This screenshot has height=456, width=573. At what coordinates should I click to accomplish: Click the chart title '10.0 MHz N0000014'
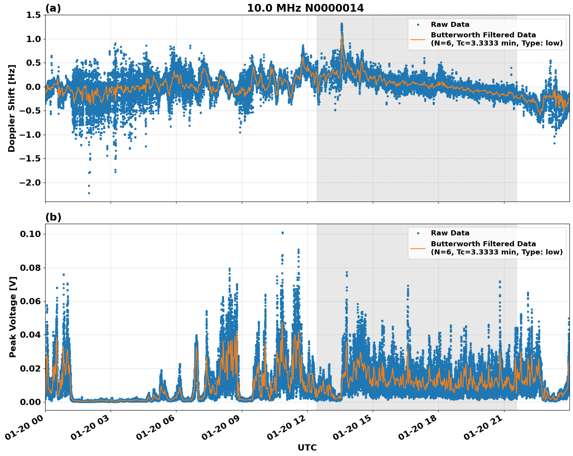point(305,8)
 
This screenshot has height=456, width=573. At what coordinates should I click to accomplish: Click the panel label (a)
point(53,8)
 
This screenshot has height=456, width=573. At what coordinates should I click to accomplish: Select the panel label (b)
point(53,217)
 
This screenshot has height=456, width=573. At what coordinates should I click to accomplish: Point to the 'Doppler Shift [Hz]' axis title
point(12,108)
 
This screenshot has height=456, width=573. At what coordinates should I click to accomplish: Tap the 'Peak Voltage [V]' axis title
point(13,317)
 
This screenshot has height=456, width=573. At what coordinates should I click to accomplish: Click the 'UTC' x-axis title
point(307,447)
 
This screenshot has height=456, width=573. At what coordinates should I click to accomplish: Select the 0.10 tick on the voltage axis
point(30,234)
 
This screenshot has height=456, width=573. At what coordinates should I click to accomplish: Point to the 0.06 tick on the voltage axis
point(30,301)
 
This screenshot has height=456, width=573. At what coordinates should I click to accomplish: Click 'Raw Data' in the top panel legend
point(450,25)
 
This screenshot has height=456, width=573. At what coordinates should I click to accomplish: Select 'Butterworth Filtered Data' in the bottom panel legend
point(483,244)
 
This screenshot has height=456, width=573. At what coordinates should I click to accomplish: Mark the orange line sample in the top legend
point(418,39)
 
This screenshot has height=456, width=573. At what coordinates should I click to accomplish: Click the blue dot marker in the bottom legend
point(418,233)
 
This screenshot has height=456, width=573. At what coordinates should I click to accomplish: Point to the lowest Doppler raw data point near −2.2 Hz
point(89,193)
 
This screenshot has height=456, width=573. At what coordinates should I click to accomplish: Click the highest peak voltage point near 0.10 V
point(282,233)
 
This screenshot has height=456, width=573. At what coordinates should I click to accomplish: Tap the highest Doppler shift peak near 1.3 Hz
point(342,24)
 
